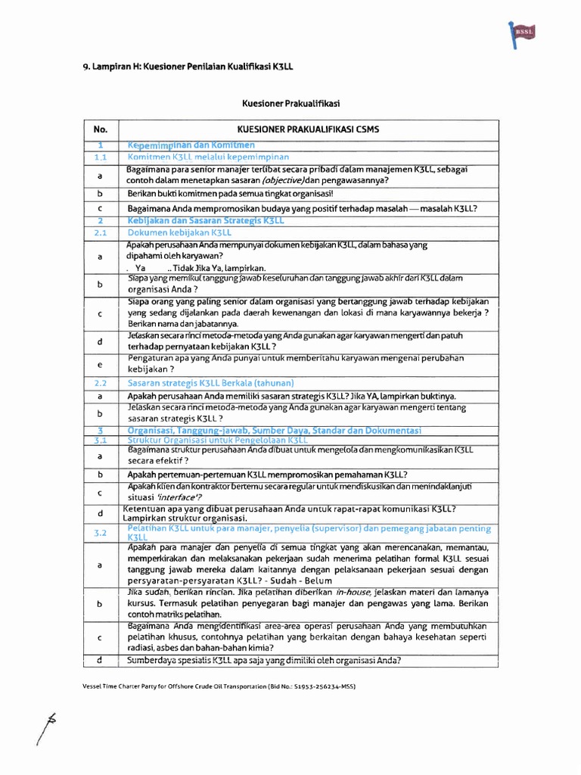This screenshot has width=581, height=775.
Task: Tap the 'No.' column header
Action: click(x=101, y=129)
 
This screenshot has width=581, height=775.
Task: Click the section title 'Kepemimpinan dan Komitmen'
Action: click(x=191, y=145)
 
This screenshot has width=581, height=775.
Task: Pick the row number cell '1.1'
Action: click(x=101, y=157)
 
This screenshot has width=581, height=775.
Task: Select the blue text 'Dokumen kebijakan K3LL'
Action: click(x=179, y=232)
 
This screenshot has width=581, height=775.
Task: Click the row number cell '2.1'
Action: click(x=101, y=232)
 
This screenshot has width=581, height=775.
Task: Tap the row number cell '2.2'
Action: click(x=101, y=383)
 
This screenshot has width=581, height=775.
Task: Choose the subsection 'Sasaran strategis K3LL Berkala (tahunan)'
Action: click(x=210, y=383)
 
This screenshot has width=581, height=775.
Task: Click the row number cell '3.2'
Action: click(x=101, y=533)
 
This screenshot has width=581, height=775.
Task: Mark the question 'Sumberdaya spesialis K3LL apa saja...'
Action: click(x=264, y=660)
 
